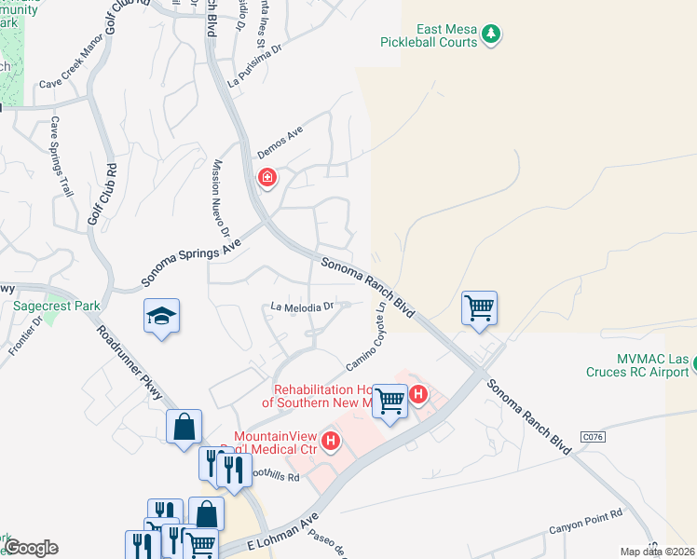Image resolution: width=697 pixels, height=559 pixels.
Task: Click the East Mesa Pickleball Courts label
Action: coord(428,34)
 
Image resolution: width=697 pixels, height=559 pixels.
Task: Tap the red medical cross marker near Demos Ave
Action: coord(267,177)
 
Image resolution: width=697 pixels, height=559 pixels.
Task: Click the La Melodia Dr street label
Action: coord(302,307)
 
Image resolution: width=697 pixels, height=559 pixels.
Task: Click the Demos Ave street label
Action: coord(281,143)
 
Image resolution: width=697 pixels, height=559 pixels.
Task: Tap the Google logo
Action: coord(31,548)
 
